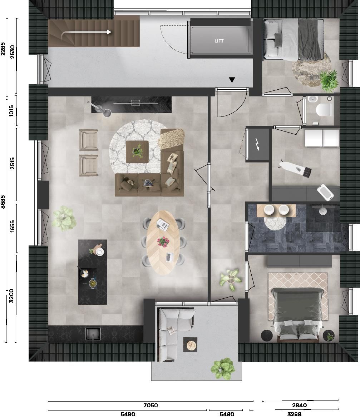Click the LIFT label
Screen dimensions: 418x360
click(219, 41)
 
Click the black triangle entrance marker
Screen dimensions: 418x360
click(232, 80)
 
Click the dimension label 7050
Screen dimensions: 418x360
click(151, 405)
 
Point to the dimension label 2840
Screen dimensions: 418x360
click(299, 405)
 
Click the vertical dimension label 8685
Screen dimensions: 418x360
click(3, 201)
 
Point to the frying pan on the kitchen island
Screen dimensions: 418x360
click(85, 274)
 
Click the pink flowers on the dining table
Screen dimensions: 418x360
click(163, 242)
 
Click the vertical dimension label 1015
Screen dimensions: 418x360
click(11, 110)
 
